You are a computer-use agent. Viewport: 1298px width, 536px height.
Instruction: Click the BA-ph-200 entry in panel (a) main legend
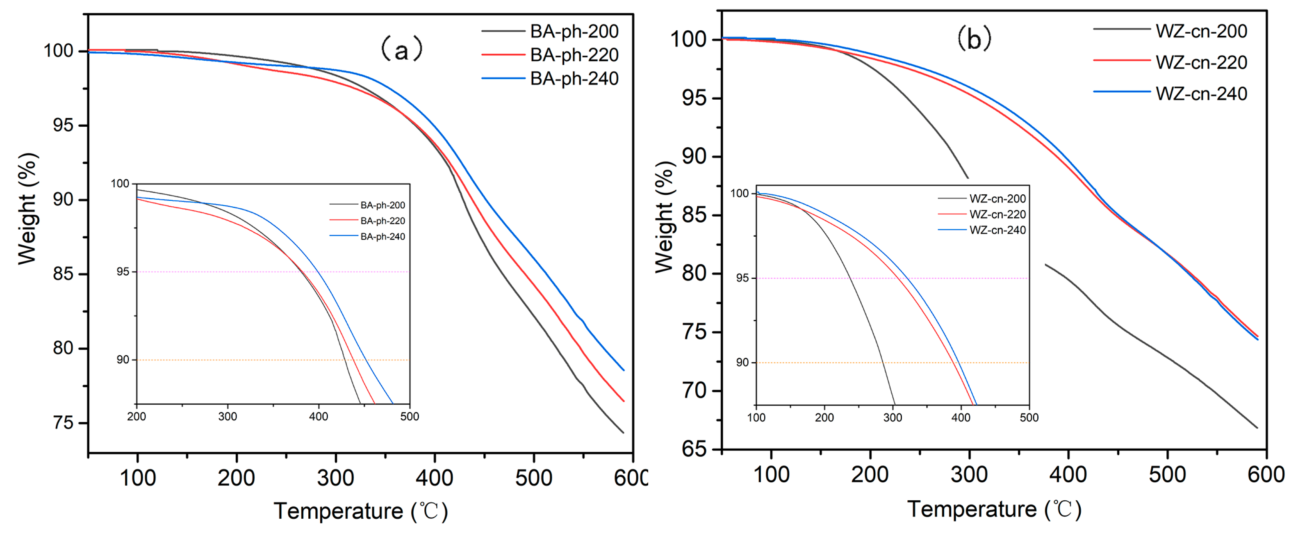point(574,31)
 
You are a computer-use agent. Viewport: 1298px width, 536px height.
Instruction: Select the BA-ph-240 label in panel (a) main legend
point(574,79)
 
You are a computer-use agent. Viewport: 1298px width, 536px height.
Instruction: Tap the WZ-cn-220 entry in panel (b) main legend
point(1201,62)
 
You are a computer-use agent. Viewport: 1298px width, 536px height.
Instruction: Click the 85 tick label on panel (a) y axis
point(64,274)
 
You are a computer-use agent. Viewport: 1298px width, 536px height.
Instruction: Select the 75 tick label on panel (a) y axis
point(64,422)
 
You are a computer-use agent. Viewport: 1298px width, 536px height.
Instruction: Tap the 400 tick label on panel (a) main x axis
point(434,477)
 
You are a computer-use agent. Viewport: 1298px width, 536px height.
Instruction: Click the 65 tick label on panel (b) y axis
point(695,449)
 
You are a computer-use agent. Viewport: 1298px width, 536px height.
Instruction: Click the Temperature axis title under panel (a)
point(361,511)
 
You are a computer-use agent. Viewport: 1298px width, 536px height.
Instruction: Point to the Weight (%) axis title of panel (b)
point(664,217)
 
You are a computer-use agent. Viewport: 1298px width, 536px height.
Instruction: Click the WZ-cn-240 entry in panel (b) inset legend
point(997,230)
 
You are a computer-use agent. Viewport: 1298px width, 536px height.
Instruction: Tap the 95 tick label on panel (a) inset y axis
point(123,272)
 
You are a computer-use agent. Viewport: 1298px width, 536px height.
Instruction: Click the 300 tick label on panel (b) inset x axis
point(893,417)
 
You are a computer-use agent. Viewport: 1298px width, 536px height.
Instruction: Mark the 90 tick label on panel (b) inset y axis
point(742,363)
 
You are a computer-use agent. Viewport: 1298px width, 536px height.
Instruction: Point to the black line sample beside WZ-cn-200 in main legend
point(1122,29)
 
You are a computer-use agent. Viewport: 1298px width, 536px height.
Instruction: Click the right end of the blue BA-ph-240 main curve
point(624,370)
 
